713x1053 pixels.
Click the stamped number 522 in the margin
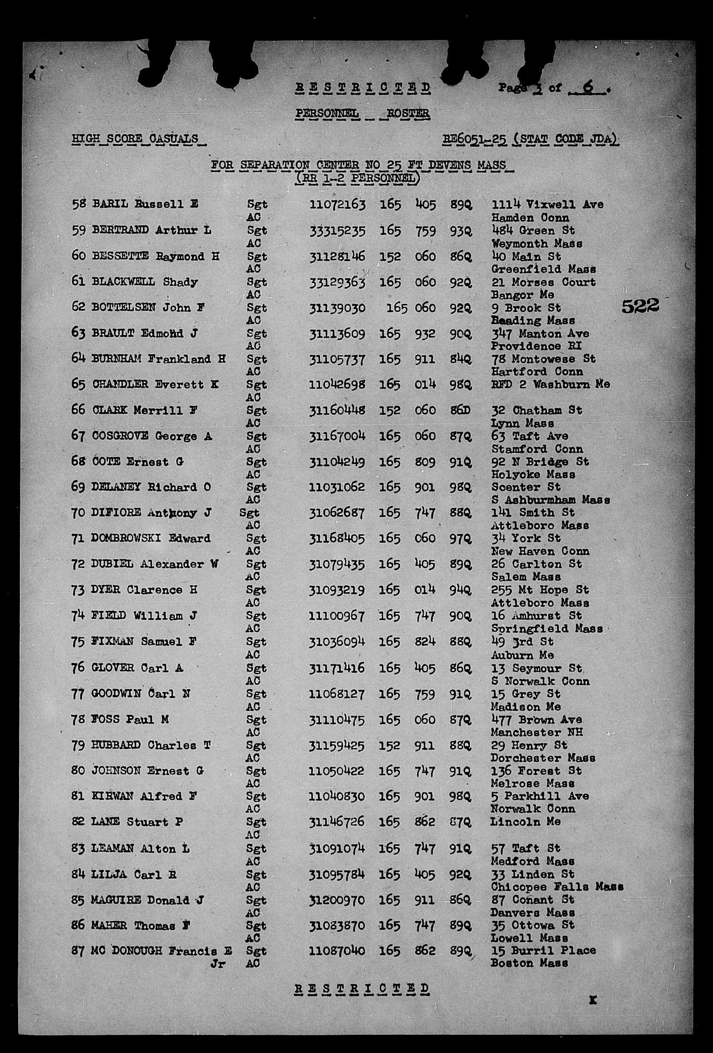[640, 307]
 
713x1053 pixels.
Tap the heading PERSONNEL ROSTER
[362, 113]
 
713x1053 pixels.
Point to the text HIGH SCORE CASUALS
[135, 139]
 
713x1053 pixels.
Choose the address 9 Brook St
[526, 308]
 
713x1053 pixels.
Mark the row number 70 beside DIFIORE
[78, 513]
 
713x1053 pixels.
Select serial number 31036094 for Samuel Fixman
[337, 642]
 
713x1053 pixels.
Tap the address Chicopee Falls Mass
[557, 887]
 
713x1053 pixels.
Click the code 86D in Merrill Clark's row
[460, 410]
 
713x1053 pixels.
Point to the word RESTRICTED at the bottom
[362, 989]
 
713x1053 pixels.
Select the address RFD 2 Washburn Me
[551, 384]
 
